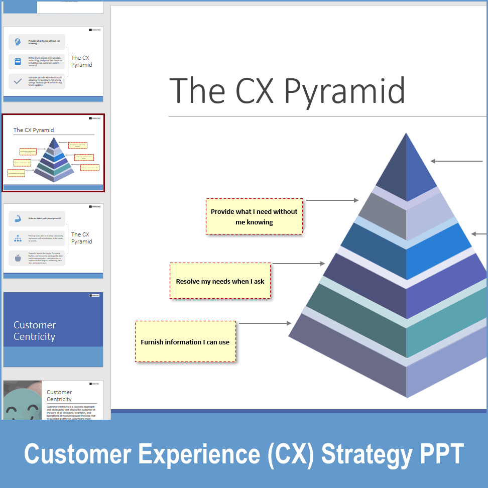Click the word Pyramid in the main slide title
click(x=344, y=91)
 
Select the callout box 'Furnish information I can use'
click(x=185, y=342)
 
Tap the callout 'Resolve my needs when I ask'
click(x=220, y=281)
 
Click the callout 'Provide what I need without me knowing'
click(x=254, y=216)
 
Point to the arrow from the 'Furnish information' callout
click(x=264, y=323)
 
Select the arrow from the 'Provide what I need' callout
click(x=332, y=200)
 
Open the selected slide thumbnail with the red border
click(x=53, y=153)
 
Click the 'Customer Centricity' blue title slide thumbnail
click(x=53, y=329)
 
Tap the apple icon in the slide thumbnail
click(x=18, y=258)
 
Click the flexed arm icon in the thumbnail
click(x=18, y=219)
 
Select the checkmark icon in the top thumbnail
click(x=18, y=81)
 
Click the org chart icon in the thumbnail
click(x=18, y=238)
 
